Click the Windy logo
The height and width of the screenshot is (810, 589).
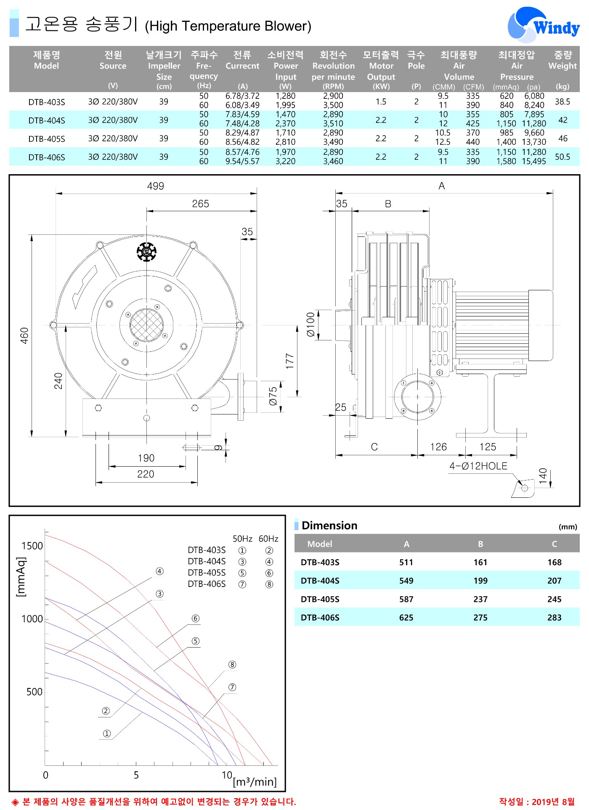point(543,25)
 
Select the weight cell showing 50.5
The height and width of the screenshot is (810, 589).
point(562,157)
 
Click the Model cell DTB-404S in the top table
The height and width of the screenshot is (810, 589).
point(47,120)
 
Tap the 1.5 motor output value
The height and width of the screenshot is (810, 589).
point(381,101)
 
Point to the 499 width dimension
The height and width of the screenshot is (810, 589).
point(156,186)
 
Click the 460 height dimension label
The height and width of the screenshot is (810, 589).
point(24,336)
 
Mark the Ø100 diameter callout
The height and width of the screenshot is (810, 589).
point(310,324)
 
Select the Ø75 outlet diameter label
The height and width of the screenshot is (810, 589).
point(273,396)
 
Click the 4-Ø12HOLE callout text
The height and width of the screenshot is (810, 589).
point(478,466)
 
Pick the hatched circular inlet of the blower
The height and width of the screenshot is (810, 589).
point(146,325)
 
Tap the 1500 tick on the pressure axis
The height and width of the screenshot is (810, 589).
point(32,546)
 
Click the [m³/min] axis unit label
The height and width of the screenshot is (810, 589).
point(255,781)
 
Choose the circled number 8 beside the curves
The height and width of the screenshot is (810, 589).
point(232,664)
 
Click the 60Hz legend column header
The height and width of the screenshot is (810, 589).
point(268,539)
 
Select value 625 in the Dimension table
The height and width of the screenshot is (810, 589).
point(406,618)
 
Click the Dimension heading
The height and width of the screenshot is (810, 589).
point(329,526)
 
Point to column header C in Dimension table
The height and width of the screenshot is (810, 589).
point(555,544)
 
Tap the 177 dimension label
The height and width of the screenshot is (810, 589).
point(289,361)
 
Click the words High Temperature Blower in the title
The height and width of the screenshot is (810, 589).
point(228,26)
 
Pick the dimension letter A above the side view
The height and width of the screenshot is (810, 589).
point(441,186)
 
